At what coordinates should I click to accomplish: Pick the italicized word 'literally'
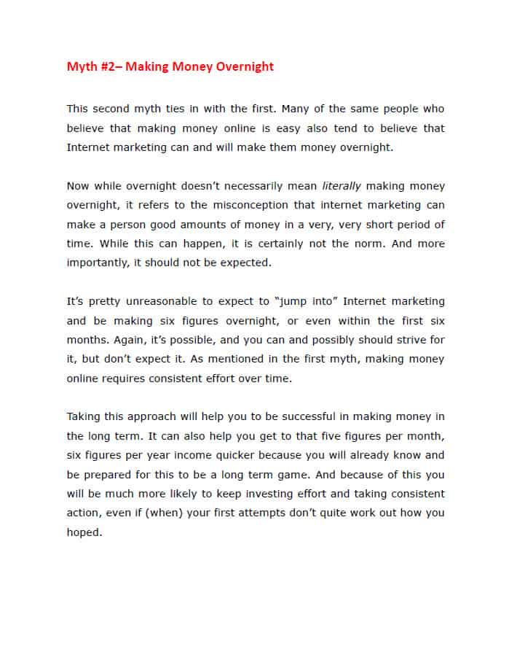pos(342,186)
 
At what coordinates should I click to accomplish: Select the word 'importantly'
pos(98,263)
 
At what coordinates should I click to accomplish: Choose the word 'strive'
pos(412,340)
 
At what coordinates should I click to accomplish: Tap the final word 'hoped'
pos(83,532)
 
